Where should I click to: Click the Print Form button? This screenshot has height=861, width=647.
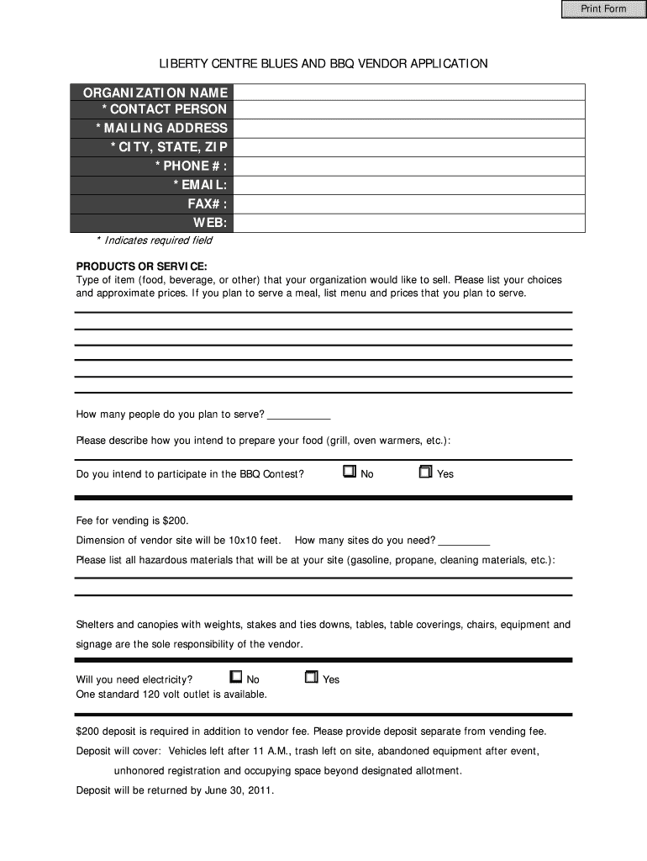pyautogui.click(x=603, y=9)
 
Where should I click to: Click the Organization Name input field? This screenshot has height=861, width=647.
pyautogui.click(x=410, y=92)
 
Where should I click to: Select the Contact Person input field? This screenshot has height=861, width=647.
pyautogui.click(x=410, y=110)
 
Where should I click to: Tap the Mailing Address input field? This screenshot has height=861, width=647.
pyautogui.click(x=410, y=129)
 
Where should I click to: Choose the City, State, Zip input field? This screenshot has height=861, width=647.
pyautogui.click(x=410, y=148)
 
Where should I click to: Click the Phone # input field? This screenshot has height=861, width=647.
pyautogui.click(x=410, y=166)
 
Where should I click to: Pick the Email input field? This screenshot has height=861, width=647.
pyautogui.click(x=410, y=185)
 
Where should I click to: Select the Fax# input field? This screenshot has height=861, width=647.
pyautogui.click(x=410, y=203)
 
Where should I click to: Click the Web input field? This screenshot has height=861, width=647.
pyautogui.click(x=410, y=223)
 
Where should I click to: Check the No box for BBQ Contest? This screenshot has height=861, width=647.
pyautogui.click(x=350, y=472)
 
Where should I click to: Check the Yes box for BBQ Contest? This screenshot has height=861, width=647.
pyautogui.click(x=425, y=472)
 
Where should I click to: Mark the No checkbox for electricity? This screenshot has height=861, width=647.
pyautogui.click(x=235, y=677)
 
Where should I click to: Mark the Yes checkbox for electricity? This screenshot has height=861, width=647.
pyautogui.click(x=311, y=677)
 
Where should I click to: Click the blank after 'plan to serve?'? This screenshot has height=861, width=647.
pyautogui.click(x=299, y=415)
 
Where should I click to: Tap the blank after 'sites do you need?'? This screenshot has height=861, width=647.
pyautogui.click(x=464, y=541)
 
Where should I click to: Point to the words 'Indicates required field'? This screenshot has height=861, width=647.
pyautogui.click(x=158, y=240)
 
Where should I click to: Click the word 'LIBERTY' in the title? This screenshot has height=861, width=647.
pyautogui.click(x=182, y=64)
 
